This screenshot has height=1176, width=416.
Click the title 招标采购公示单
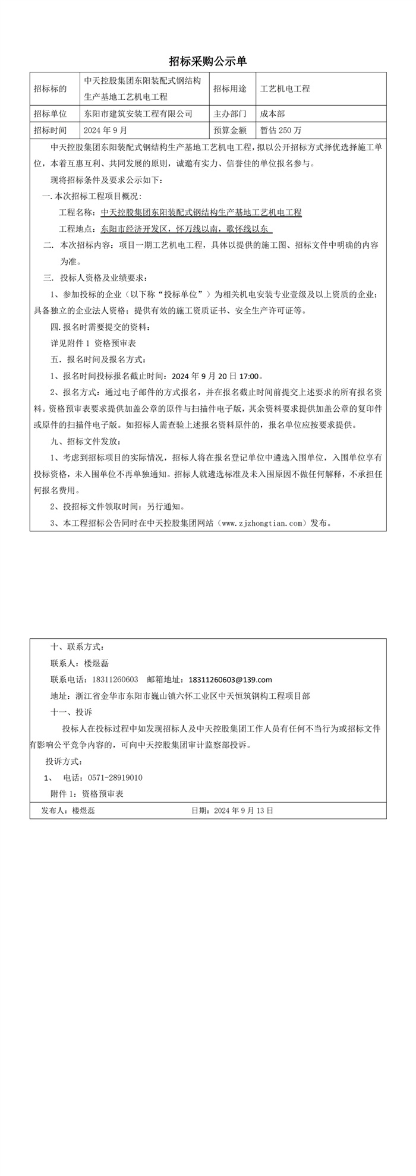(207, 61)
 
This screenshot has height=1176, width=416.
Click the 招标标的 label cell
(51, 89)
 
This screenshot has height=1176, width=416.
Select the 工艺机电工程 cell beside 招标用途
(285, 89)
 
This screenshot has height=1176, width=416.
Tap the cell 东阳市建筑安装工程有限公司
(138, 113)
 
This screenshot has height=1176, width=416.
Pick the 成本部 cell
(273, 113)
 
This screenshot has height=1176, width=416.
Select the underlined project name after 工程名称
(201, 212)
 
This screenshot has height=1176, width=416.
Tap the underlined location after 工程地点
(187, 229)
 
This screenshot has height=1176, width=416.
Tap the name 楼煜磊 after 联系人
(96, 663)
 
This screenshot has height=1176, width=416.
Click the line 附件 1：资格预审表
(87, 794)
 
